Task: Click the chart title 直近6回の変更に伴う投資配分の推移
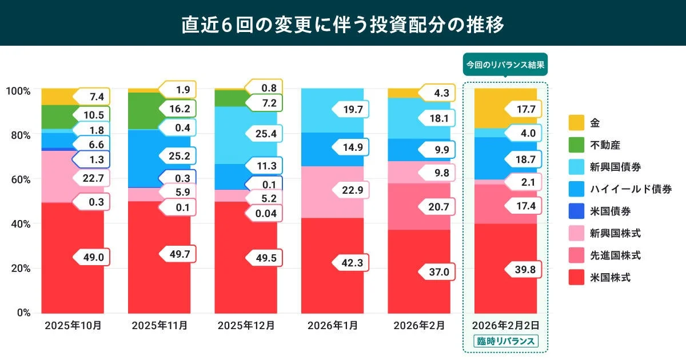(342, 25)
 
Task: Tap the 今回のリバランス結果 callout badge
(505, 65)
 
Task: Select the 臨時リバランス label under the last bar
(505, 342)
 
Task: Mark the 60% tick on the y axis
(21, 179)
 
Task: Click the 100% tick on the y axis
(19, 90)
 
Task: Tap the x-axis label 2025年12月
(246, 326)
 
